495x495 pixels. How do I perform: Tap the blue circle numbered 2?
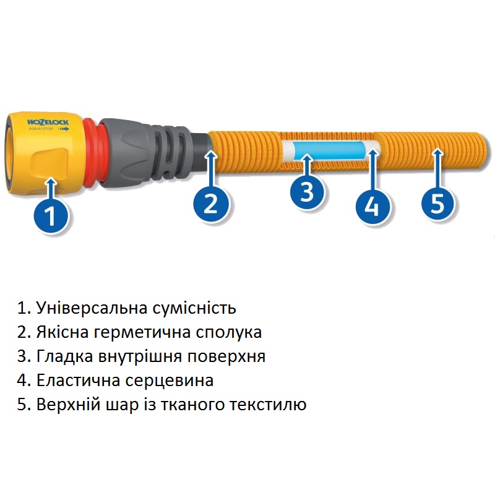(210, 202)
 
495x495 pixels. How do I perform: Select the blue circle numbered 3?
(307, 191)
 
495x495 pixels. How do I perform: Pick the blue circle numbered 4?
(373, 205)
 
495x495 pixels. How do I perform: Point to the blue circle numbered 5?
(438, 202)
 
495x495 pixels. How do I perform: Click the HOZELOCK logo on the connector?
(48, 122)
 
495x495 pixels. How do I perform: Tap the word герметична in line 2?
(142, 332)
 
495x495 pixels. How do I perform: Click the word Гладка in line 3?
(65, 356)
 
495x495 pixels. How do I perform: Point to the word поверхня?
(226, 356)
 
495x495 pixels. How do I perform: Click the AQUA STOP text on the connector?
(41, 129)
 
